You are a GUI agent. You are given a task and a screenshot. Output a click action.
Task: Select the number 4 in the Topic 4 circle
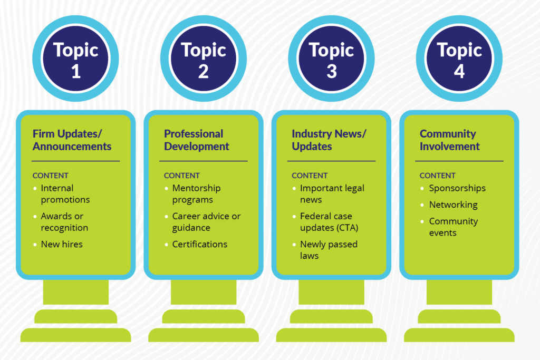click(459, 71)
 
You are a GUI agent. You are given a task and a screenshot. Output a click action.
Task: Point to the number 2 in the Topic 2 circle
click(204, 71)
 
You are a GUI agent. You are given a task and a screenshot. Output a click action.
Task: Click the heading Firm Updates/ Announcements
click(72, 140)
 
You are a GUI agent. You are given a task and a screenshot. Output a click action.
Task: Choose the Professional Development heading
click(196, 140)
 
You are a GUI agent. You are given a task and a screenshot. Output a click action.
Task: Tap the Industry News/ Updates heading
click(329, 140)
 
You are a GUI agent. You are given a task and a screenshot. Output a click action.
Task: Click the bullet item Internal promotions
click(65, 194)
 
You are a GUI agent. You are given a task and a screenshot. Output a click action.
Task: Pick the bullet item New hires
click(62, 244)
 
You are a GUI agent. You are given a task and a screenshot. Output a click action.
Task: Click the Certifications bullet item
click(199, 244)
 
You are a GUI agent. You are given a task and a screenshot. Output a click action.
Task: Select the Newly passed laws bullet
click(328, 250)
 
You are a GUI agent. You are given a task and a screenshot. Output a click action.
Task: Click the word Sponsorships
click(457, 188)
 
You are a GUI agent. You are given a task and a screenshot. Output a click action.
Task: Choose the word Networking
click(453, 205)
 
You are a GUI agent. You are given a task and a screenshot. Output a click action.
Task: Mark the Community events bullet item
click(453, 227)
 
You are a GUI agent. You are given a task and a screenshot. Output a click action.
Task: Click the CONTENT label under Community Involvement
click(437, 176)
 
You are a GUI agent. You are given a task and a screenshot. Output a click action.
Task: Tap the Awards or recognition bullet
click(64, 222)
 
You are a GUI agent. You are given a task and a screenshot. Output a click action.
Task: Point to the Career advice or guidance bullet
click(206, 222)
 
